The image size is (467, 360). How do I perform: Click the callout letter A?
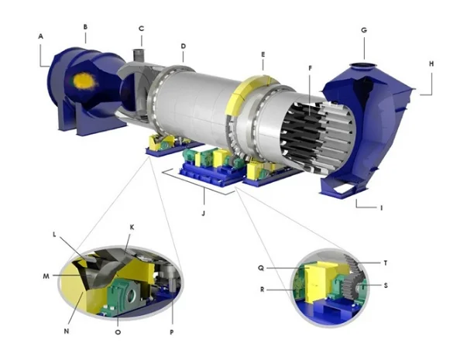point(41,36)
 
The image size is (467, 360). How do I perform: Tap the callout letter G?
point(364,30)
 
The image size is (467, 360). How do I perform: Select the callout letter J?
point(204,213)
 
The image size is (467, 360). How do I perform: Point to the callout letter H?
point(431,63)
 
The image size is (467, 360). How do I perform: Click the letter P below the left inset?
point(172,332)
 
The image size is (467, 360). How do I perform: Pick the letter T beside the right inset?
point(386,263)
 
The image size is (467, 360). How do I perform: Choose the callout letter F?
point(310,68)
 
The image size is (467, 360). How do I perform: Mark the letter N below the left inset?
point(67,331)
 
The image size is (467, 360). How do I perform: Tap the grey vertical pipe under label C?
point(138,55)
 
